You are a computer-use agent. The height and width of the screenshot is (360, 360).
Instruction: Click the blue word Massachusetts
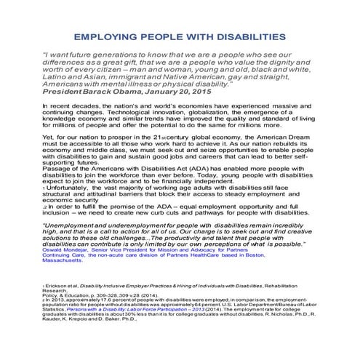pyautogui.click(x=63, y=289)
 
